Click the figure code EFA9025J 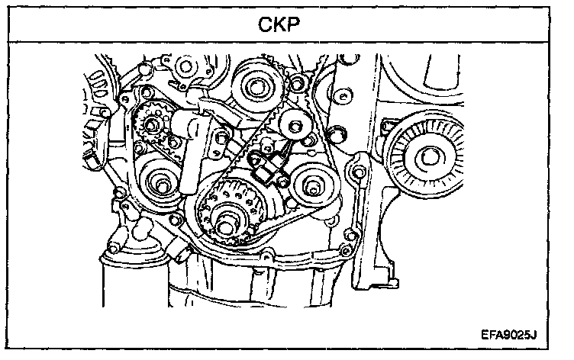tap(510, 333)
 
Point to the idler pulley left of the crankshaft tap(163, 183)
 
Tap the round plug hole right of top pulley tap(341, 95)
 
